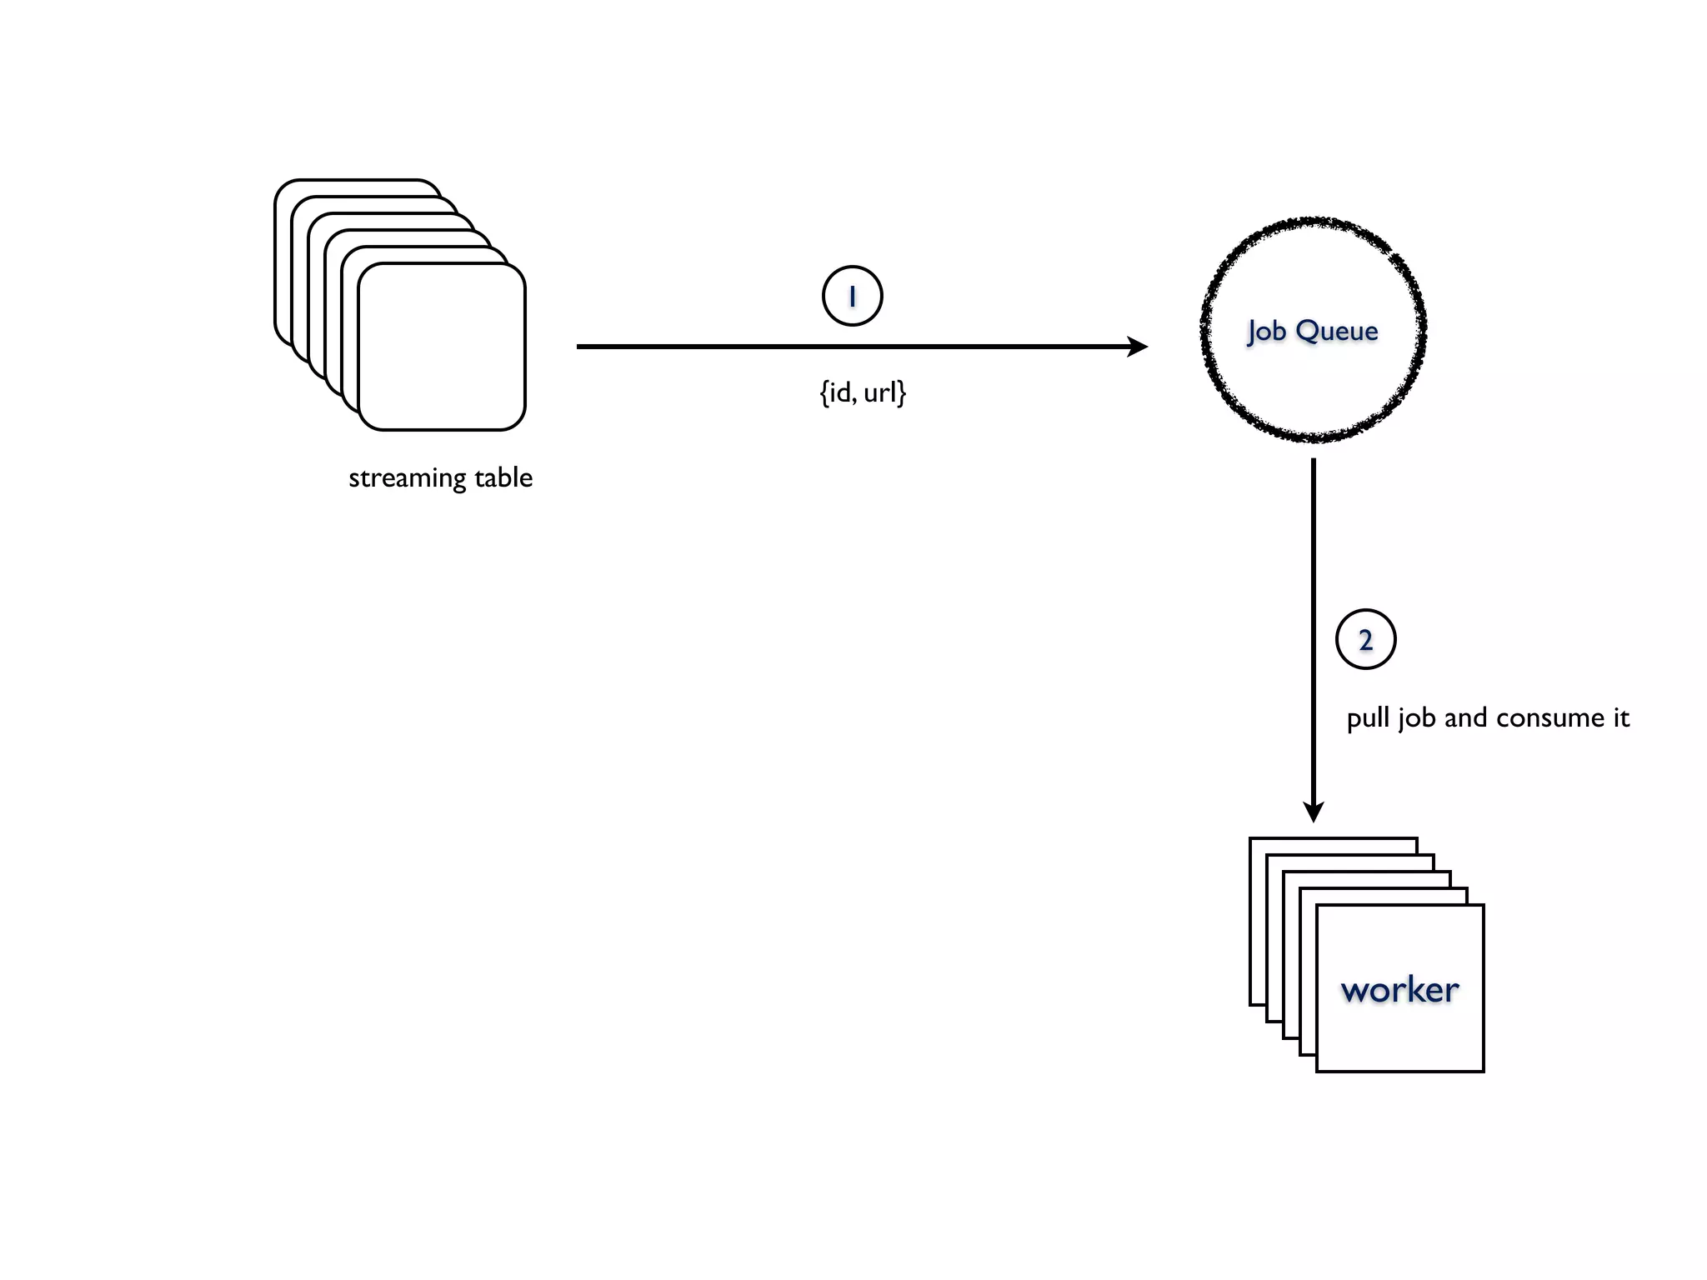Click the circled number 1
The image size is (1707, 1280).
tap(852, 296)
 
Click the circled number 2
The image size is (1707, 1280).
tap(1365, 640)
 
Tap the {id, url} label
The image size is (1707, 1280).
tap(863, 392)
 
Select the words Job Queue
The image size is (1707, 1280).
tap(1312, 331)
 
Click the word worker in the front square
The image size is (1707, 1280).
tap(1399, 989)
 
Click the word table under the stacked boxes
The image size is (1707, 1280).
tap(503, 477)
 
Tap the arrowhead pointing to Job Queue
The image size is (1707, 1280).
tap(1138, 347)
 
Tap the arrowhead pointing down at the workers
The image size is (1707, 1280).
tap(1314, 812)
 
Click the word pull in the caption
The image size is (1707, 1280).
tap(1368, 718)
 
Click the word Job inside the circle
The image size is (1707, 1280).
tap(1267, 332)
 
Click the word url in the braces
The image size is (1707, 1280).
tap(880, 392)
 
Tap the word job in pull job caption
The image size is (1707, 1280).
tap(1416, 718)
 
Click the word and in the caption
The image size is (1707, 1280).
tap(1465, 717)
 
